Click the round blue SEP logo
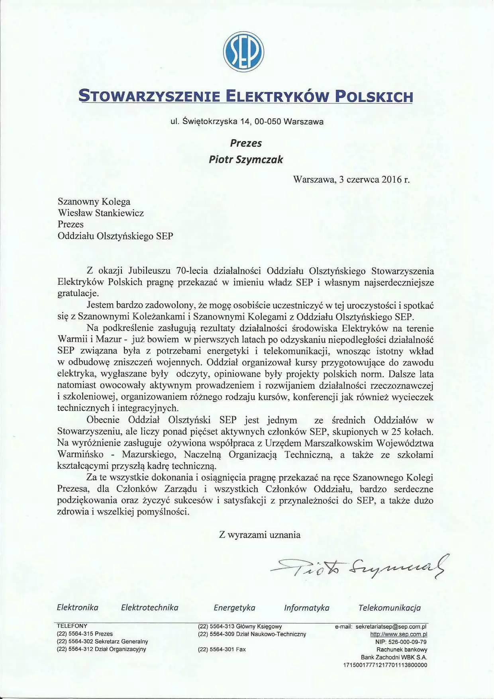[243, 52]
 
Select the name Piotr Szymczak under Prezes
[246, 159]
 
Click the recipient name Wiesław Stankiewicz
[101, 213]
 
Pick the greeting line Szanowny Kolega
[94, 202]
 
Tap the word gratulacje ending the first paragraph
[78, 294]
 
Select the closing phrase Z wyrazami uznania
[260, 535]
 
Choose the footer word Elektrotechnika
[150, 608]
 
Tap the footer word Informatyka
[307, 608]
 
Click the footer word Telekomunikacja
[390, 608]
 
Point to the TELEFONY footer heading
[72, 626]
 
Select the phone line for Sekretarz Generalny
[102, 642]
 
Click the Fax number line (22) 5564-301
[222, 650]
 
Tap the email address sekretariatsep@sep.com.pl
[391, 627]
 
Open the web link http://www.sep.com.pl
[399, 634]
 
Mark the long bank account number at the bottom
[385, 665]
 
